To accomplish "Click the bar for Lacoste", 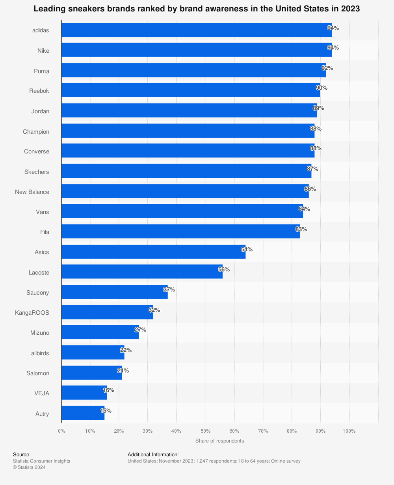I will pos(142,271).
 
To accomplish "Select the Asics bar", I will pos(153,252).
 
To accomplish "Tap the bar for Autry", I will pos(83,413).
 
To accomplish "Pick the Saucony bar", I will pos(114,292).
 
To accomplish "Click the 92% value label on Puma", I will pos(327,68).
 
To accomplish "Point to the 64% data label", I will pos(247,249).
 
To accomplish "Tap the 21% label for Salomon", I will pos(123,371).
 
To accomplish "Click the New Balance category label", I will pos(32,192).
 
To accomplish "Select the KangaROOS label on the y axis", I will pos(32,313).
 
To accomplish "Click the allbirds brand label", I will pos(40,353).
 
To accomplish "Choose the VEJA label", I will pos(42,393).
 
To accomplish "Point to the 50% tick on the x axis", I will pos(205,431).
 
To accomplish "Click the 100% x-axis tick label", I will pos(349,431).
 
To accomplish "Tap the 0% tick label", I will pos(61,431).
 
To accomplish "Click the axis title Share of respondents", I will pos(219,441).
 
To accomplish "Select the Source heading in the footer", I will pos(21,455).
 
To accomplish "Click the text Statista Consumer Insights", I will pos(41,461).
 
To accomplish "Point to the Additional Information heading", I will pos(153,455).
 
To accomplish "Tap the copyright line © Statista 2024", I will pos(29,467).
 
